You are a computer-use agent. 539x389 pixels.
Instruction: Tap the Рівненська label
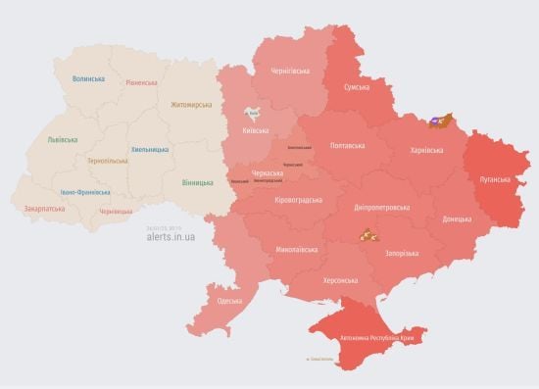pyautogui.click(x=141, y=82)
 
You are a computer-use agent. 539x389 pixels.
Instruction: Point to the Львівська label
pyautogui.click(x=63, y=140)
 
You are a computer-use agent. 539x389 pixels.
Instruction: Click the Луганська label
pyautogui.click(x=494, y=179)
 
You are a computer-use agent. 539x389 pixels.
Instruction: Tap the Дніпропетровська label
pyautogui.click(x=380, y=207)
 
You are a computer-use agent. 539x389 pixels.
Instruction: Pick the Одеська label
pyautogui.click(x=230, y=300)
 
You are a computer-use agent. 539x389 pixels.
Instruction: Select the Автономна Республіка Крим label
pyautogui.click(x=373, y=338)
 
